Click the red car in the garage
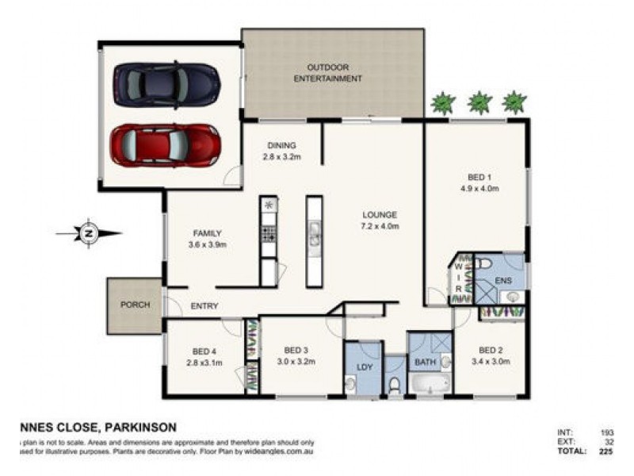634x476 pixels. [165, 144]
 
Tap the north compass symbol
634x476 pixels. [88, 233]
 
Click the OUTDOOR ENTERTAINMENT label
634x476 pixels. [328, 73]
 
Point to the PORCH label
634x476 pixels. [135, 305]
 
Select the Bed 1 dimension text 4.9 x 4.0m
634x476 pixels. [476, 188]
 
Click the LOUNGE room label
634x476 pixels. [380, 215]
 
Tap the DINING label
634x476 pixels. [281, 145]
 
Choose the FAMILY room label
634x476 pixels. [207, 233]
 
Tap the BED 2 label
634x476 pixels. [491, 350]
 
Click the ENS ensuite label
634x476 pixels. [503, 280]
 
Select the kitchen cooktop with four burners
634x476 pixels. [269, 233]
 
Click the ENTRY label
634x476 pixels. [204, 306]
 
